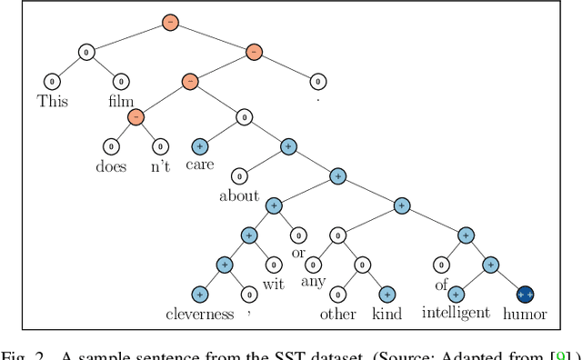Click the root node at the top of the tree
click(169, 22)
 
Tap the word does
click(110, 166)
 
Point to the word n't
click(160, 166)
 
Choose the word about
click(239, 195)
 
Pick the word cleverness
click(199, 315)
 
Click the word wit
click(274, 285)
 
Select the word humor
click(525, 315)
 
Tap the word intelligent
click(456, 315)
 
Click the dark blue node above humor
click(525, 295)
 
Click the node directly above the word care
click(201, 145)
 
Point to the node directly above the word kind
click(386, 295)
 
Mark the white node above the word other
click(337, 295)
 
